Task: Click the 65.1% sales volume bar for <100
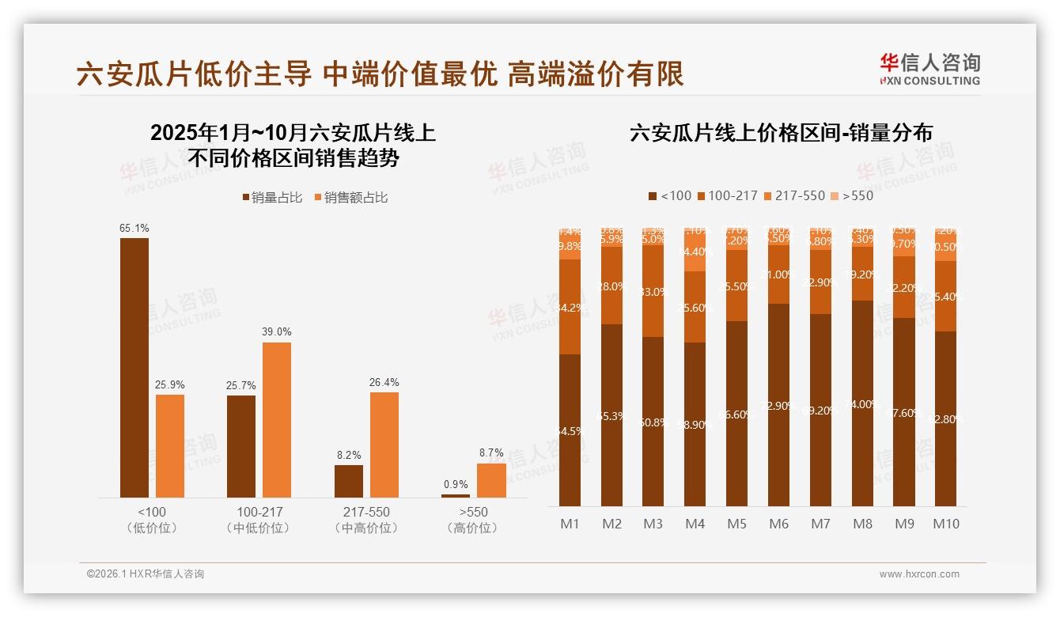(134, 368)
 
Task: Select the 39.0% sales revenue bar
(277, 420)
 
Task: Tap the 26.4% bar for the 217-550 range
(384, 445)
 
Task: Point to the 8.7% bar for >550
(491, 480)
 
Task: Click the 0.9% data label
(455, 484)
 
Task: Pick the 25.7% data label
(241, 385)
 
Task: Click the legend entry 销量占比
(272, 198)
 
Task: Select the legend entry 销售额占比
(350, 198)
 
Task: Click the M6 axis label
(779, 524)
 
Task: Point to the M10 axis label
(945, 524)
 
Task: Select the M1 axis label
(570, 524)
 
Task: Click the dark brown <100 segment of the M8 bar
(862, 403)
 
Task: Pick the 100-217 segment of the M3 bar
(653, 291)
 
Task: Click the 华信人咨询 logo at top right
(929, 69)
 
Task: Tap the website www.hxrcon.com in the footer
(919, 574)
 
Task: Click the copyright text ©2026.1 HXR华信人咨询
(146, 574)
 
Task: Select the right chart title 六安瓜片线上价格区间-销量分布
(781, 133)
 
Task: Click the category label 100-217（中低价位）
(257, 520)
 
